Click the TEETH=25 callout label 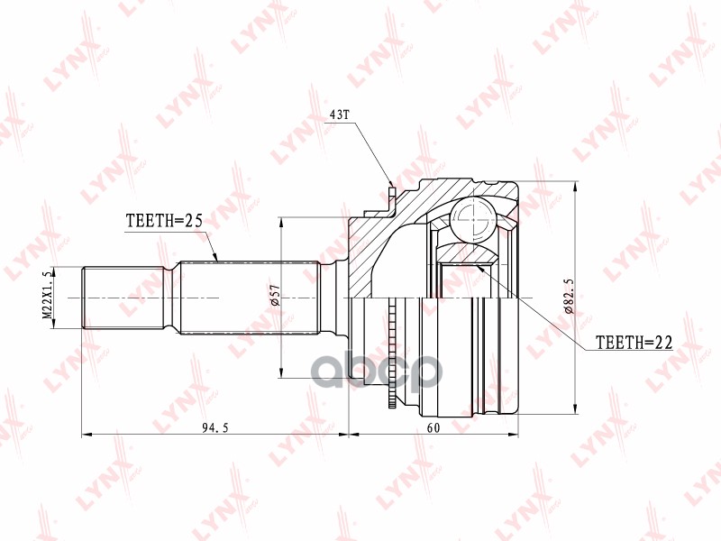tap(163, 220)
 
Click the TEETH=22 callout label tap(634, 343)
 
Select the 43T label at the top tap(339, 116)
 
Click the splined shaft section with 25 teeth tap(248, 298)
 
